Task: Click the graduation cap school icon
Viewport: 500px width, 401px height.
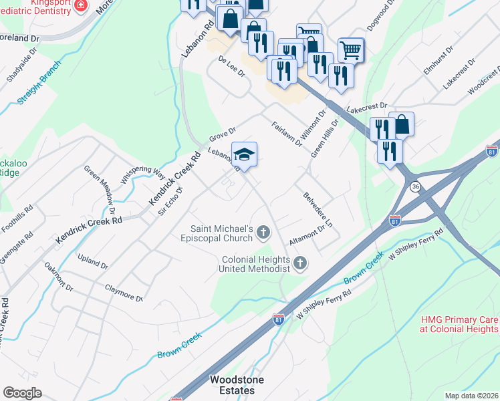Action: pos(245,154)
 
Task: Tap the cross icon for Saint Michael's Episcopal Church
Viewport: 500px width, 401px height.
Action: pos(263,233)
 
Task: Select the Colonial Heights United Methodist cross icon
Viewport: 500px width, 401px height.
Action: pos(300,263)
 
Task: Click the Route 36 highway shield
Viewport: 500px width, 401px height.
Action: pos(416,185)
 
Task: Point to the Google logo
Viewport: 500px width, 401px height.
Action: pos(22,393)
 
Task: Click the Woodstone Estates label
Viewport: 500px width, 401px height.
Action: pos(237,385)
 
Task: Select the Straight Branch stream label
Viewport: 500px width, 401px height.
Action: pos(39,84)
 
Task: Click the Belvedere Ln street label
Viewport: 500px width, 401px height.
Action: pos(318,209)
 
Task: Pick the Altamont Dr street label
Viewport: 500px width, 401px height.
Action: pos(307,235)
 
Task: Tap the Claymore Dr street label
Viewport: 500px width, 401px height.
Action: pos(124,293)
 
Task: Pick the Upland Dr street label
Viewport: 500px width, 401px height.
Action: pos(92,261)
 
